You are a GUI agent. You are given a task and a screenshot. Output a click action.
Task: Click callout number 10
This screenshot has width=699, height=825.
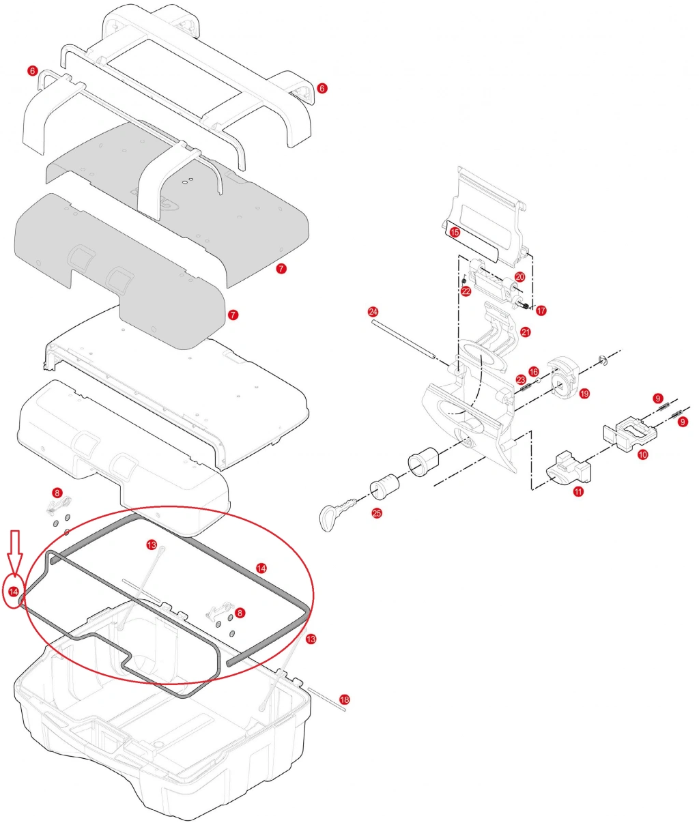pyautogui.click(x=643, y=454)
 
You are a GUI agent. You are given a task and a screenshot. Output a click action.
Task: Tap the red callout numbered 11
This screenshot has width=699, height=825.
pyautogui.click(x=579, y=491)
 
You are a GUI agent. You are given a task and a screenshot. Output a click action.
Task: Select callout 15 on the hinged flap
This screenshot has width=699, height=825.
pyautogui.click(x=455, y=232)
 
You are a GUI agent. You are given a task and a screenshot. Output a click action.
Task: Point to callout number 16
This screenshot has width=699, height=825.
pyautogui.click(x=534, y=372)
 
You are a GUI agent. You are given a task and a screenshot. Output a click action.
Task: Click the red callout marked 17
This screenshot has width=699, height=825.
pyautogui.click(x=541, y=310)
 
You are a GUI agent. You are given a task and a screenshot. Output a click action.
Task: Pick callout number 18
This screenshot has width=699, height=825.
pyautogui.click(x=344, y=699)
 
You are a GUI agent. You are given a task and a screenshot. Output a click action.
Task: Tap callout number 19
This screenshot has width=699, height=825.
pyautogui.click(x=584, y=394)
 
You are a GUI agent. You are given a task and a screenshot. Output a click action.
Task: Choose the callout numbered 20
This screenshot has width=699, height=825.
pyautogui.click(x=520, y=277)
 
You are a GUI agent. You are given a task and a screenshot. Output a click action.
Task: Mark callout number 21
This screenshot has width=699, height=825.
pyautogui.click(x=526, y=332)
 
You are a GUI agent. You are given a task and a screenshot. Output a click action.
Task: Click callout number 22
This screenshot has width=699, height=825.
pyautogui.click(x=466, y=291)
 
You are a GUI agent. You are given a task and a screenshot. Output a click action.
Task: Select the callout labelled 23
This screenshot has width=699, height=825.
pyautogui.click(x=521, y=380)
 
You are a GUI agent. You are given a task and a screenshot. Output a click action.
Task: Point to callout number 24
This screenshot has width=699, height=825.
pyautogui.click(x=373, y=312)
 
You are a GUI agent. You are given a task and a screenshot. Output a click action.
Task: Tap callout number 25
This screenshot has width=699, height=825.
pyautogui.click(x=377, y=513)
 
